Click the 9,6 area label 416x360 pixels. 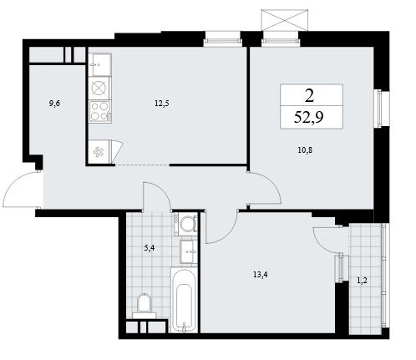[54, 104]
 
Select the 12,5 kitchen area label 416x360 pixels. [162, 104]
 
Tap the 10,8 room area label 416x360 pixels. [305, 150]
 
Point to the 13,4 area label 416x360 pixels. [261, 275]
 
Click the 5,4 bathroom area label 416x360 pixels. [150, 248]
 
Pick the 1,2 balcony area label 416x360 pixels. [362, 281]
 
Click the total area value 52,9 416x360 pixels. [309, 117]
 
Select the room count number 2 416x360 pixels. [310, 96]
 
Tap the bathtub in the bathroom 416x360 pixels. [184, 300]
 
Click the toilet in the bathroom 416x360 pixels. [145, 306]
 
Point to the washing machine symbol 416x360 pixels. [185, 224]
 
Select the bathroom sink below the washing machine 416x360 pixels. [189, 251]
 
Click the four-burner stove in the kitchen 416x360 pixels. [100, 111]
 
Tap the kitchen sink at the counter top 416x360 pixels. [100, 64]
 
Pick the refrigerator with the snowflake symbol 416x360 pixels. [99, 152]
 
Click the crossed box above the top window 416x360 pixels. [285, 20]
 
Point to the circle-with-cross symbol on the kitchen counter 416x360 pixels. [99, 89]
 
